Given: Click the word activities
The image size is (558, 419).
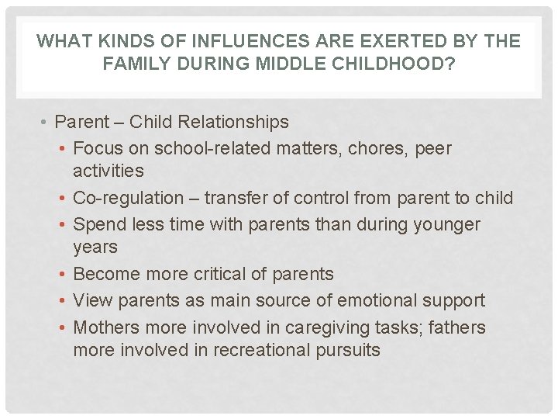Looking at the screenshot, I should click(x=108, y=170).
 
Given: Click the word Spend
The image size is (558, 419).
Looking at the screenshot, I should click(x=98, y=224).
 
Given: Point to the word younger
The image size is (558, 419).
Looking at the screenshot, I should click(x=447, y=224).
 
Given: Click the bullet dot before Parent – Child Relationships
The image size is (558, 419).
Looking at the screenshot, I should click(x=46, y=123).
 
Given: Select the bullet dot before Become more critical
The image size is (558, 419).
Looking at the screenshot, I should click(x=63, y=275).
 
